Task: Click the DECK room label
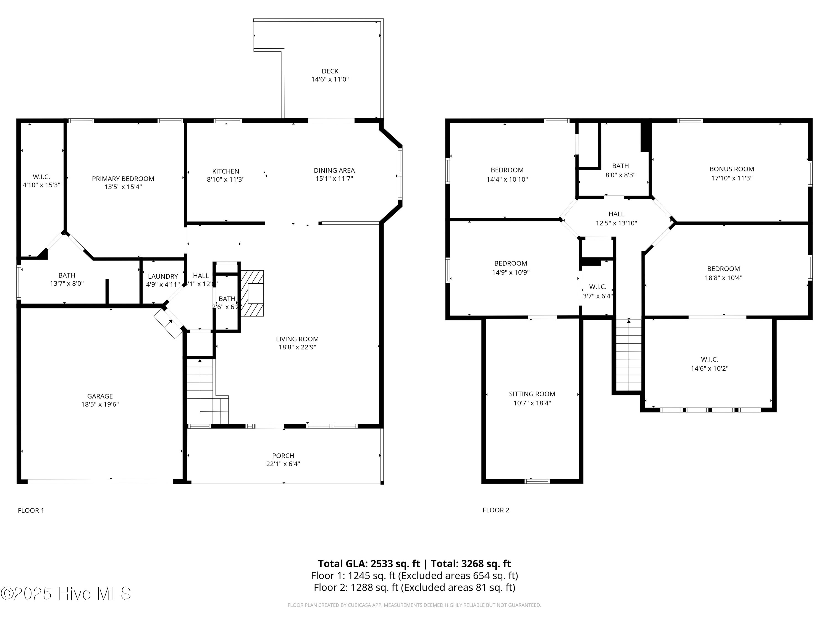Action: click(x=330, y=71)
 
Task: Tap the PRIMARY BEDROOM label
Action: click(x=123, y=179)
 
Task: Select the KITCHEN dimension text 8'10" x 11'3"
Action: click(x=225, y=180)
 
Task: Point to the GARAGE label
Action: click(x=100, y=396)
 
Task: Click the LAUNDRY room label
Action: click(x=163, y=276)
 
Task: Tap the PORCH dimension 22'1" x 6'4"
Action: click(x=283, y=464)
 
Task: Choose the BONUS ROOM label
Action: click(x=731, y=169)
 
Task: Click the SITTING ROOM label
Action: click(x=532, y=394)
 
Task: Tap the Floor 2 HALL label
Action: click(x=616, y=214)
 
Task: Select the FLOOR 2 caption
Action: click(x=495, y=510)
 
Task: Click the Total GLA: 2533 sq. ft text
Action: click(x=369, y=563)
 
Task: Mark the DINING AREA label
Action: click(x=334, y=171)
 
